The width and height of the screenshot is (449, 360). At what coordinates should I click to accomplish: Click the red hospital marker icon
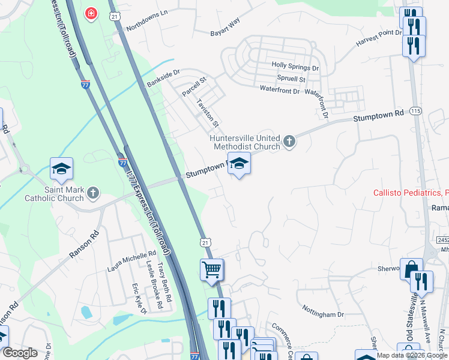(x=91, y=13)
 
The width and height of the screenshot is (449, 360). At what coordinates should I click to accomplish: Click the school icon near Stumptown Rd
(x=239, y=163)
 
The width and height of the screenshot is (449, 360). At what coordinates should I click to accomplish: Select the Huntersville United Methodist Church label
(x=245, y=142)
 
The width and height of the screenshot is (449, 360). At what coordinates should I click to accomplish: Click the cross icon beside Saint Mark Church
(x=92, y=193)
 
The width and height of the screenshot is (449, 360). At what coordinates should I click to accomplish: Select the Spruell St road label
(x=291, y=79)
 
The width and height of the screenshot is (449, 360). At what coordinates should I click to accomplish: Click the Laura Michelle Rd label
(x=131, y=260)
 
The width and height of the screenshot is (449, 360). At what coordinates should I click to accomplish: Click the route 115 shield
(x=415, y=111)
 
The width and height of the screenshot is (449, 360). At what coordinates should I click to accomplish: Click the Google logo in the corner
(x=20, y=353)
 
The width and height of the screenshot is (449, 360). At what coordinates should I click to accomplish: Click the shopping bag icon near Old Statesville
(x=411, y=269)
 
